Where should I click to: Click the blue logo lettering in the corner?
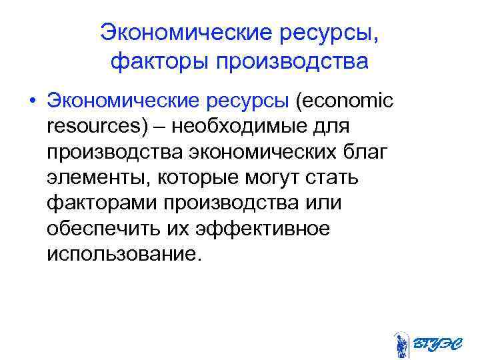(437, 343)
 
